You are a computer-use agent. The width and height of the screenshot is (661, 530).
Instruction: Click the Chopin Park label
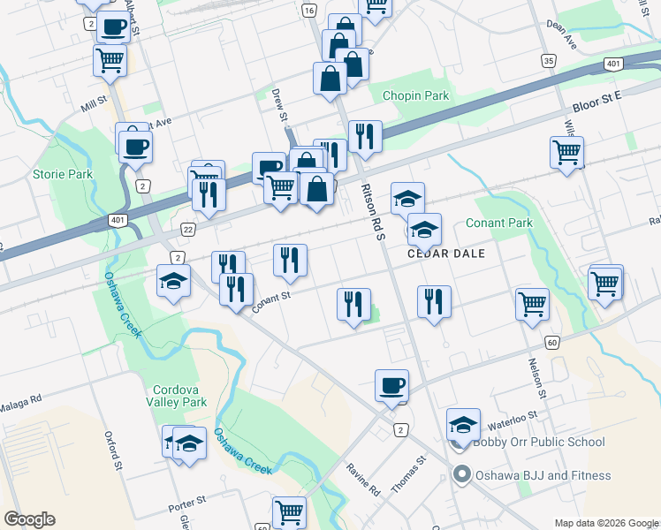coord(415,95)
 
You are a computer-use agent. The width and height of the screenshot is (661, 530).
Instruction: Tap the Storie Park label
coord(63,174)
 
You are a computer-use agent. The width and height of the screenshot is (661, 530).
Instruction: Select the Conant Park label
coord(499,223)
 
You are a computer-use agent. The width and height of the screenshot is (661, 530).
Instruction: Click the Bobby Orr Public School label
coord(538,442)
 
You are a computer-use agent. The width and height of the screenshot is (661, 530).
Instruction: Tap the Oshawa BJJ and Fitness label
coord(543,475)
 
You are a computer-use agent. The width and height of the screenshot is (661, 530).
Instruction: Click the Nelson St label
coord(536,376)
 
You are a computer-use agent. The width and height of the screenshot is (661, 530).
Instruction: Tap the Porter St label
coord(186,510)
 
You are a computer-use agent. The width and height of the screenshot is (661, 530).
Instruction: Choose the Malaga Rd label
coord(20,401)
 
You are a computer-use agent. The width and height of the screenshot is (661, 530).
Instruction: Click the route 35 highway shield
coord(550,60)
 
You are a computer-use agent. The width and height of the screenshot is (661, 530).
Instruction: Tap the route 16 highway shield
coord(308,11)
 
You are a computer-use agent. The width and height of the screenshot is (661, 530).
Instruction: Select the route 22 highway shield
coord(187,228)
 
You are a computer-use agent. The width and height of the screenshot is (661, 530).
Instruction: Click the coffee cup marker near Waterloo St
coord(391,385)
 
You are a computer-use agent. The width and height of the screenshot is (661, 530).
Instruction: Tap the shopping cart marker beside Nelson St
coord(533,303)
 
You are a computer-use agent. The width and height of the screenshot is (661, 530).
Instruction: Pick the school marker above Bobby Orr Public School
coord(463,425)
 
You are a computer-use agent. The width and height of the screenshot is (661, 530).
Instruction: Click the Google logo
coord(29,519)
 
